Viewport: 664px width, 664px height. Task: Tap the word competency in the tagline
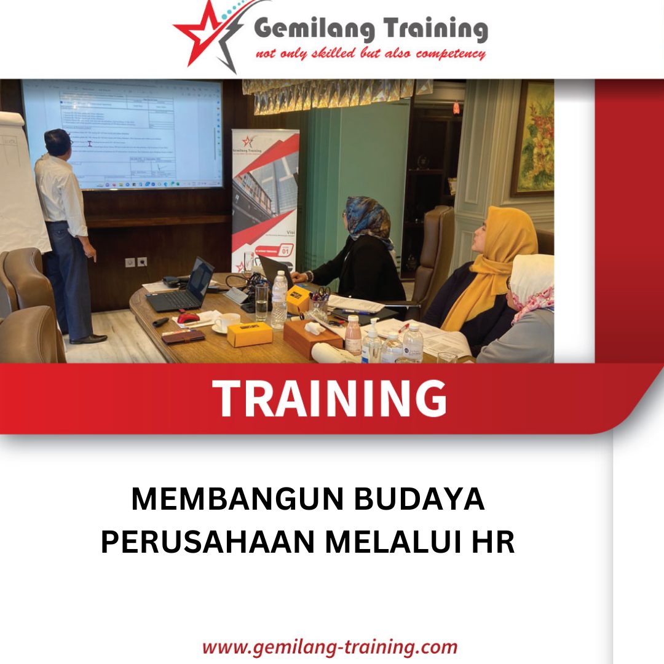(450, 54)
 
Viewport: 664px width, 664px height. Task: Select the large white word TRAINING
(330, 398)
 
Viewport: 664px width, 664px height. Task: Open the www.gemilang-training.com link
(330, 647)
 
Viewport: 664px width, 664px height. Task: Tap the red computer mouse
(188, 318)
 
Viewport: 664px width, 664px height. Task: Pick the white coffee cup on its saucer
(228, 322)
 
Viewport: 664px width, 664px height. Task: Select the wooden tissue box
(312, 337)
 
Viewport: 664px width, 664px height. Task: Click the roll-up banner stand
(265, 197)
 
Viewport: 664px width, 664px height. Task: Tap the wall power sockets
(136, 262)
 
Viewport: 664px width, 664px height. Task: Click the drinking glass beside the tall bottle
(262, 301)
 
